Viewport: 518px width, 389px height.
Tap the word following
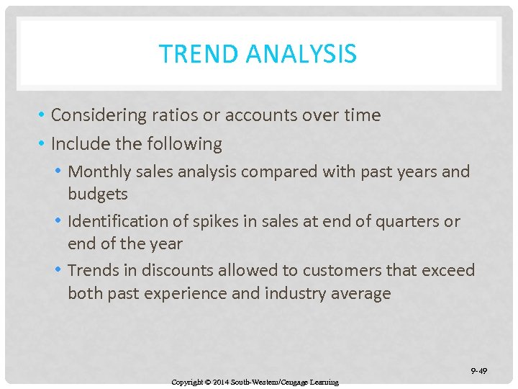tap(184, 144)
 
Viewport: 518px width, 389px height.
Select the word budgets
tap(98, 194)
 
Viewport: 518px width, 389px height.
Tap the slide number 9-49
tap(478, 371)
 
